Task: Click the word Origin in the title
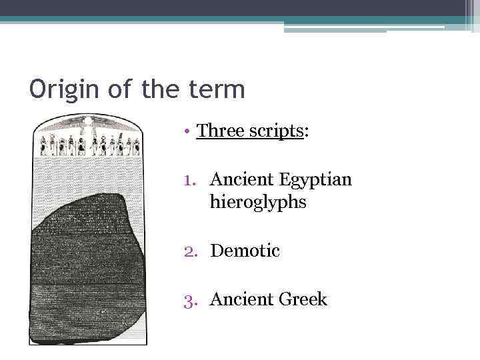[x=61, y=89]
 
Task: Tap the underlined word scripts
[x=277, y=131]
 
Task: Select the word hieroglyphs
[x=258, y=201]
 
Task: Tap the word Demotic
[x=245, y=251]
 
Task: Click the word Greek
[x=304, y=299]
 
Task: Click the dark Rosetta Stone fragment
[x=86, y=267]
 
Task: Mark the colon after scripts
[x=306, y=133]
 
